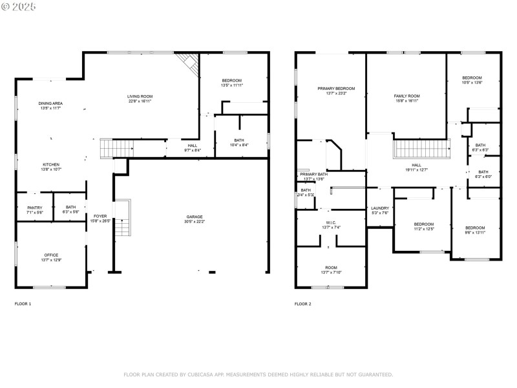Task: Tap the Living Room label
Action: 140,96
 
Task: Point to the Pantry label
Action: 35,208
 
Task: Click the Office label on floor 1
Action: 51,255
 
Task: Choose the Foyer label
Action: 100,216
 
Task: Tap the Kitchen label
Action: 51,164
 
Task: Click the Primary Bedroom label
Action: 336,89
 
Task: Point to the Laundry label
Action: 380,208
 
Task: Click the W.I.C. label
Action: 331,222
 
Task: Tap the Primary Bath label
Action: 313,175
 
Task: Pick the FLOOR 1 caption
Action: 23,304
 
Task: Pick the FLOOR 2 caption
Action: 303,304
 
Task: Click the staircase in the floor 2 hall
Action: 421,149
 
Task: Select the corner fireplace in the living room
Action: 188,62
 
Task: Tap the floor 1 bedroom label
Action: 231,80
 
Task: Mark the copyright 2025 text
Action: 19,6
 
